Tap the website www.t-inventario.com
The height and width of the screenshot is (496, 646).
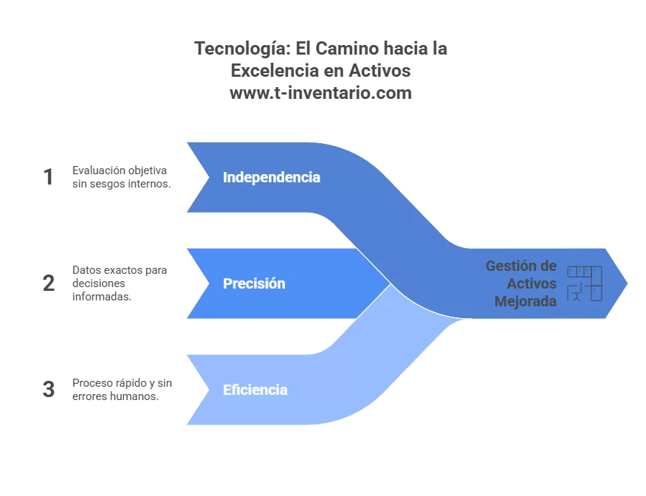[320, 93]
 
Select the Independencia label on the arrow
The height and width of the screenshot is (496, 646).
[272, 177]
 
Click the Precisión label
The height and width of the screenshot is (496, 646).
[254, 283]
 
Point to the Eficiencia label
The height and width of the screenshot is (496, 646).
[255, 390]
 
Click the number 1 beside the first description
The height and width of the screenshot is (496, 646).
[49, 177]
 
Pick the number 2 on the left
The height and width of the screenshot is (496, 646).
[49, 283]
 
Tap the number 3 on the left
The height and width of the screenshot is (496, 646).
[49, 390]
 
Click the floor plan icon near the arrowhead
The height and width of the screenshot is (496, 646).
[584, 283]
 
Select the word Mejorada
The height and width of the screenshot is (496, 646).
[526, 301]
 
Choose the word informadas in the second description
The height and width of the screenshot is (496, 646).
[101, 296]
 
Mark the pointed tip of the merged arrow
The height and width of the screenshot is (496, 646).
[627, 283]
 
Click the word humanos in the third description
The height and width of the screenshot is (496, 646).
[136, 396]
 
